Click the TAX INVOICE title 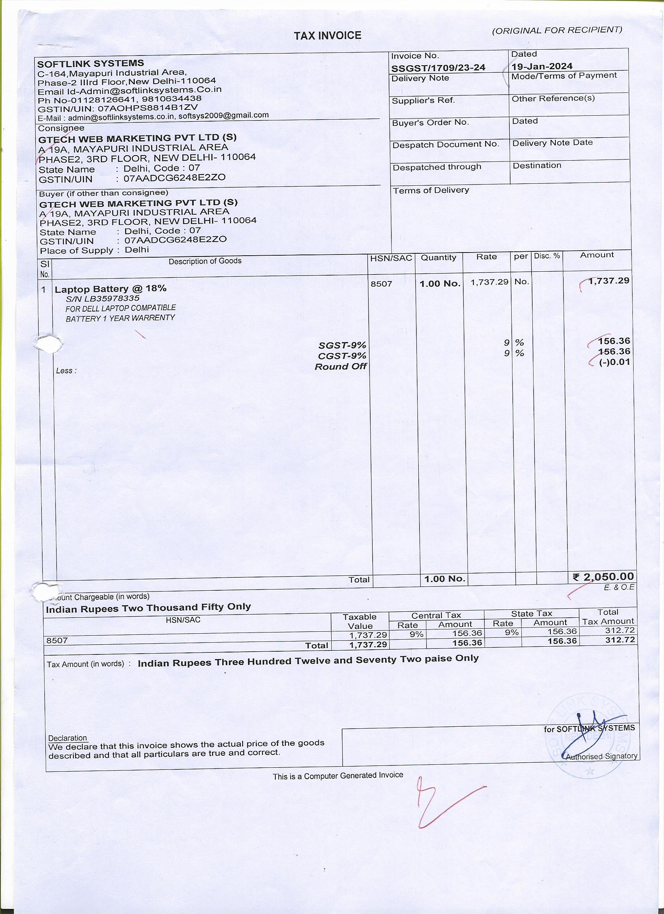point(327,36)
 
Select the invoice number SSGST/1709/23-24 point(438,68)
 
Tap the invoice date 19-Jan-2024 point(542,66)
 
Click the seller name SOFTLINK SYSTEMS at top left point(90,63)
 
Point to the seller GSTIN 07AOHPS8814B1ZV point(148,108)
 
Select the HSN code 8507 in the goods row point(381,283)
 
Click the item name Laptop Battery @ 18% point(110,289)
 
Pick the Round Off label point(341,366)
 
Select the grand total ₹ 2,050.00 point(603,577)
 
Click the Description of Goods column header point(205,261)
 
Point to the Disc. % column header point(547,256)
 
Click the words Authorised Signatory point(602,756)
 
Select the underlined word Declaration point(68,738)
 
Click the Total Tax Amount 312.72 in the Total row point(620,640)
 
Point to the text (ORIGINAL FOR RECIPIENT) point(557,30)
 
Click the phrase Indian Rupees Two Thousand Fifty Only point(148,608)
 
